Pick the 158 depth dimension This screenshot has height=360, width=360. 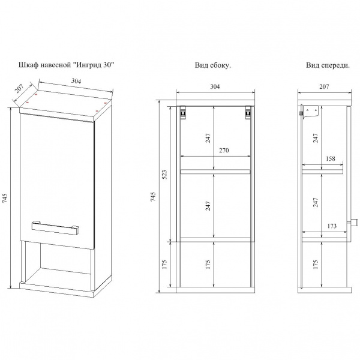click(x=330, y=160)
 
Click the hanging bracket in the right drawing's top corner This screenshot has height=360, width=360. click(x=309, y=112)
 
